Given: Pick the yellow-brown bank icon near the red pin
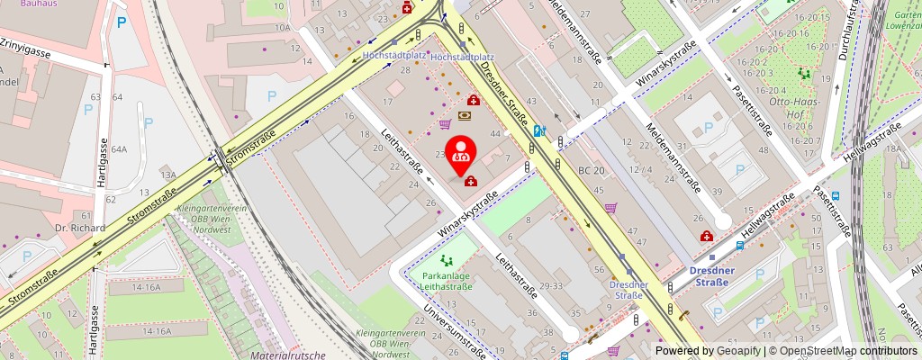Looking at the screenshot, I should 466,116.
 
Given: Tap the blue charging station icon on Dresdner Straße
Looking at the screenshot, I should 538,130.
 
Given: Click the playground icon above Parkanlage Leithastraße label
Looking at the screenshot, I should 436,260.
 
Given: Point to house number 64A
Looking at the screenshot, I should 120,148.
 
